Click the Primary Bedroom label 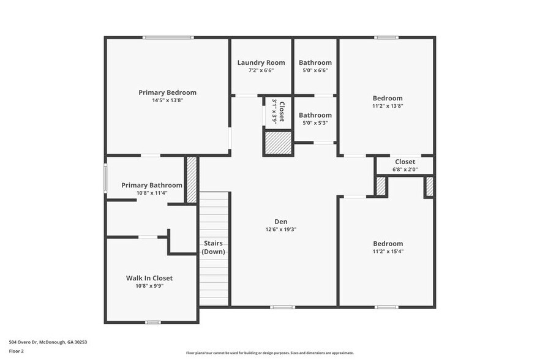pos(167,92)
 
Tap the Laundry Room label pos(261,62)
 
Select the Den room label pos(281,222)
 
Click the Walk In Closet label pos(149,277)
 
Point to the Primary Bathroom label pos(151,185)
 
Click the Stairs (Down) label pos(214,247)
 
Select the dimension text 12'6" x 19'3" pos(281,230)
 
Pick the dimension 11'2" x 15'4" pos(388,251)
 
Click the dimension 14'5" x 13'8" pos(167,100)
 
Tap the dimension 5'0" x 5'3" pos(315,123)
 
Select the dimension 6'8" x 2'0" pos(405,170)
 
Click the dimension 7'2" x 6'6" pos(261,70)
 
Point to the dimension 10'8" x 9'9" pos(149,285)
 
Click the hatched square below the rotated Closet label pos(277,143)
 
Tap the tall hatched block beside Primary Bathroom pos(192,180)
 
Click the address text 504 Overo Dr pos(48,342)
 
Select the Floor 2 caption pos(17,351)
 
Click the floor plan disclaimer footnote pos(269,353)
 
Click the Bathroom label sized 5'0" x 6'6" pos(315,62)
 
